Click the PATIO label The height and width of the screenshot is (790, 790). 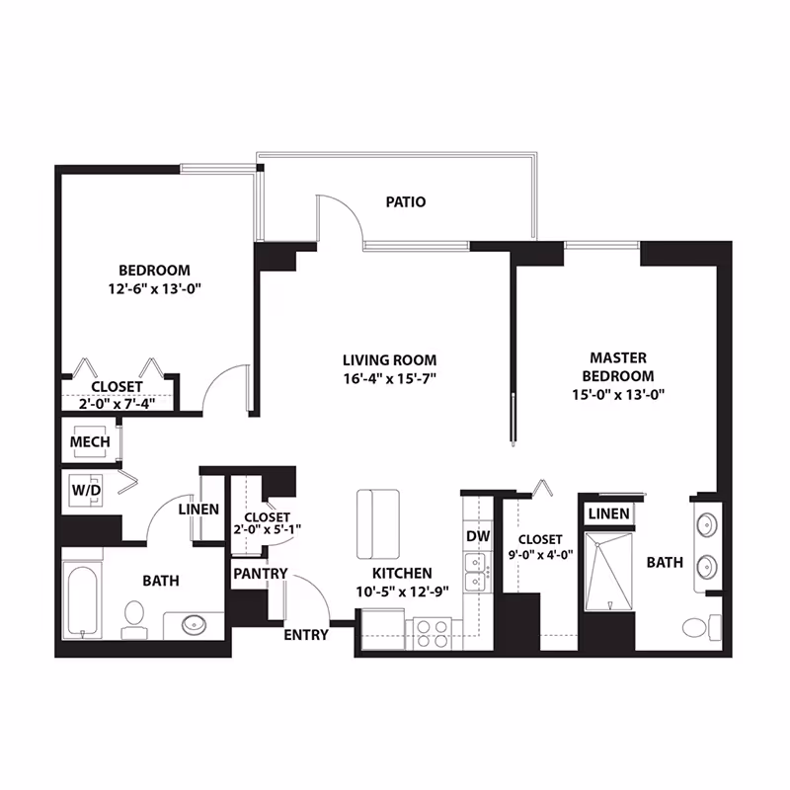pyautogui.click(x=406, y=202)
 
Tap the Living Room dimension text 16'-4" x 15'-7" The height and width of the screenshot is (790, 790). pyautogui.click(x=389, y=378)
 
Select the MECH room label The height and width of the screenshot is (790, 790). pyautogui.click(x=90, y=441)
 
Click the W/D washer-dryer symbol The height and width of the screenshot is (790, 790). pyautogui.click(x=86, y=490)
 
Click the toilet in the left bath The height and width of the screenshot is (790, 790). pyautogui.click(x=134, y=620)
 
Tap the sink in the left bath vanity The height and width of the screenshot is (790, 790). pyautogui.click(x=194, y=625)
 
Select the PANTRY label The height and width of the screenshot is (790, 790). pyautogui.click(x=260, y=574)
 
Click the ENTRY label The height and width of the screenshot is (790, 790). pyautogui.click(x=306, y=635)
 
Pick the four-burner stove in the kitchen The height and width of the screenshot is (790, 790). pyautogui.click(x=433, y=634)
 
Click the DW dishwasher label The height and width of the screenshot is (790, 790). pyautogui.click(x=478, y=536)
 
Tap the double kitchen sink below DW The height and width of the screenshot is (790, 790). pyautogui.click(x=476, y=572)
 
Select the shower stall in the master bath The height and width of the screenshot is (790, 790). pyautogui.click(x=608, y=571)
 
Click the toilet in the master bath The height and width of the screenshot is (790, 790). pyautogui.click(x=702, y=626)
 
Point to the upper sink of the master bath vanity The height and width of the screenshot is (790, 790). pyautogui.click(x=706, y=525)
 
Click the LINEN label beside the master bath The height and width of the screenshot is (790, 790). pyautogui.click(x=608, y=513)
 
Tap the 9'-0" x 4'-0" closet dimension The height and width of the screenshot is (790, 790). pyautogui.click(x=540, y=555)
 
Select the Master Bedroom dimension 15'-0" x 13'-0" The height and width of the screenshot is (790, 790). pyautogui.click(x=618, y=394)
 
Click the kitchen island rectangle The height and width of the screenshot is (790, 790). pyautogui.click(x=378, y=524)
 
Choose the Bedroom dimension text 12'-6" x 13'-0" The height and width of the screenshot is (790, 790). pyautogui.click(x=155, y=289)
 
